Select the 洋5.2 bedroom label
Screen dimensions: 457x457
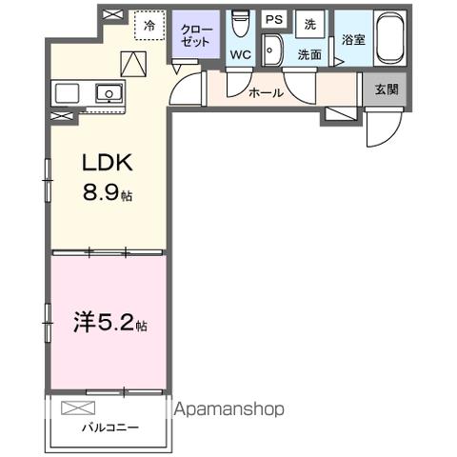pos(105,325)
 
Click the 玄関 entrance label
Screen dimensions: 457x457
pos(387,89)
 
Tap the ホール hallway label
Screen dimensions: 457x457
pos(265,92)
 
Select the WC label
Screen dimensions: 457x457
pos(240,54)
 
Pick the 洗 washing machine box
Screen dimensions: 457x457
pos(309,23)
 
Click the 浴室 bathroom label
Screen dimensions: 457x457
pos(352,40)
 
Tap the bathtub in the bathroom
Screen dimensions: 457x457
pos(389,38)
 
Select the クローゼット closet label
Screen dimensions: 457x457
pos(197,37)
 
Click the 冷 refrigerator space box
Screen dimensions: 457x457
pos(149,28)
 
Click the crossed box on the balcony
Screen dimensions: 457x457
pos(73,408)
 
